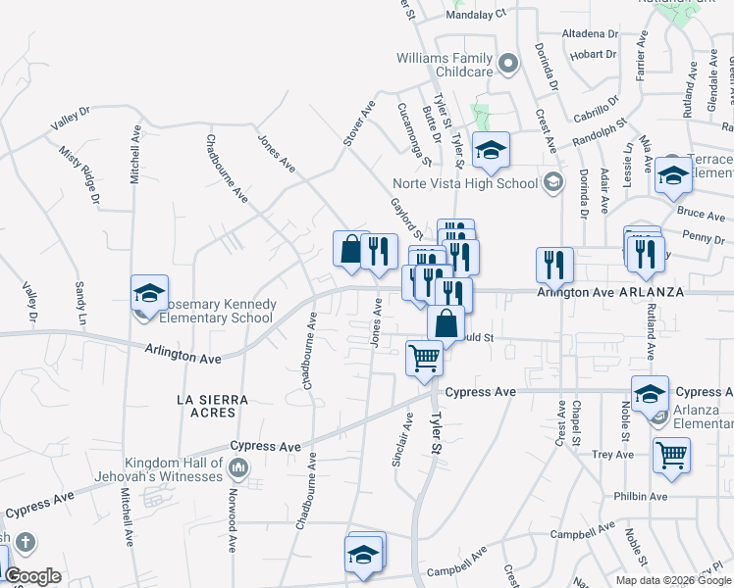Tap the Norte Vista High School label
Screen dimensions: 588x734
point(465,183)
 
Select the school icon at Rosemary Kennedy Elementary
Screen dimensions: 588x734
point(150,293)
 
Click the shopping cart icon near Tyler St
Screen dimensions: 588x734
point(424,358)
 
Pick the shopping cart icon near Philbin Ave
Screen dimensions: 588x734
point(671,455)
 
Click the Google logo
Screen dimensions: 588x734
point(32,576)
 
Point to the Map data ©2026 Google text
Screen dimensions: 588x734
point(672,580)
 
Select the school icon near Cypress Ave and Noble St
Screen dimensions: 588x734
point(650,394)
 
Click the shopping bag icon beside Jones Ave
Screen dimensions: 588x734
point(350,249)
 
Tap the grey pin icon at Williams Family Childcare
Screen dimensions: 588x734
point(507,65)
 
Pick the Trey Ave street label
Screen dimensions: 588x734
point(614,454)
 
